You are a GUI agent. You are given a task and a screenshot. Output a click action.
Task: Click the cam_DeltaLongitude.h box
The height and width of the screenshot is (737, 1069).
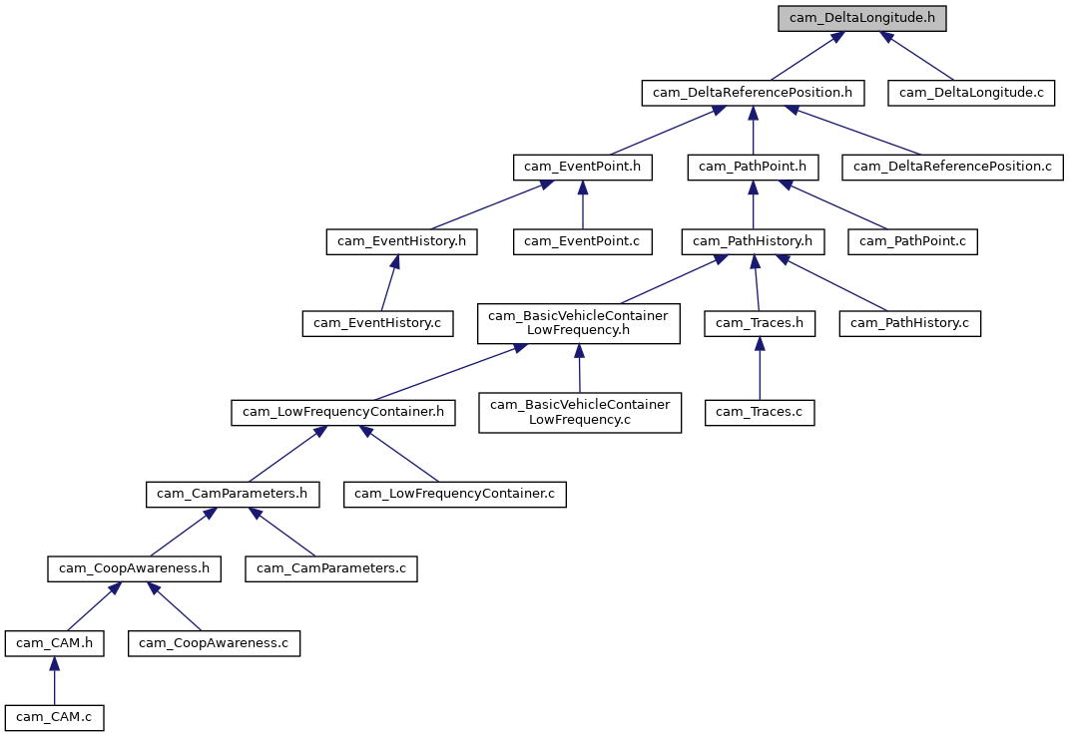click(x=862, y=18)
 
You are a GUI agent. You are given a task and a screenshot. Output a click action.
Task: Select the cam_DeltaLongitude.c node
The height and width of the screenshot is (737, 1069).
click(x=971, y=93)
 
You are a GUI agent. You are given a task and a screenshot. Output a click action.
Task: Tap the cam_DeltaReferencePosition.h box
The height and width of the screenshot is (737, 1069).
click(x=753, y=93)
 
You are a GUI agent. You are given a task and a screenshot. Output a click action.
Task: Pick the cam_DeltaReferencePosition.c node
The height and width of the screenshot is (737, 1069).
click(x=952, y=167)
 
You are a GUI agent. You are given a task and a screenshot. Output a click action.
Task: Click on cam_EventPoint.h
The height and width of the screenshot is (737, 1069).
click(x=582, y=167)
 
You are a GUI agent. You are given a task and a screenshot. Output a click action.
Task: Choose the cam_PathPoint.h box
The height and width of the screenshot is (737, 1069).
click(x=753, y=167)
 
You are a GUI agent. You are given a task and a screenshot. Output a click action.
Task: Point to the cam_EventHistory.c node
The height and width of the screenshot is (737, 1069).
click(x=377, y=323)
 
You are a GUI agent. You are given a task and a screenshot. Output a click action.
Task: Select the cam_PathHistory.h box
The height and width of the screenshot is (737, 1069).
click(x=753, y=240)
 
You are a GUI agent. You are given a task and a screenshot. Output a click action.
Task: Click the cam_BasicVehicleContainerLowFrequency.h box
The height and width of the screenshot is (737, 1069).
click(x=580, y=323)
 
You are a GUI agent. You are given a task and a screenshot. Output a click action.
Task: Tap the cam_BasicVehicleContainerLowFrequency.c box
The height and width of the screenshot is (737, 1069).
click(x=580, y=412)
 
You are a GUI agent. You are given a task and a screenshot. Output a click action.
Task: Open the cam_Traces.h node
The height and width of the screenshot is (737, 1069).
click(x=760, y=323)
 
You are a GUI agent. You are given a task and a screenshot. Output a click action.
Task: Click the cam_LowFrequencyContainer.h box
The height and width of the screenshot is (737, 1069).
click(x=343, y=412)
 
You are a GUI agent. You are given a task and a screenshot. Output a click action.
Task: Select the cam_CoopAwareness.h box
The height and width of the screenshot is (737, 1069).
click(x=135, y=568)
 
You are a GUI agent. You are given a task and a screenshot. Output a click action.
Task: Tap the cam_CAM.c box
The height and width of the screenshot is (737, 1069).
click(x=55, y=717)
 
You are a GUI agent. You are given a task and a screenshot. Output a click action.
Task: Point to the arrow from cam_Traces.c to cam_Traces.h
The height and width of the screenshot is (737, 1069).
click(x=760, y=368)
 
